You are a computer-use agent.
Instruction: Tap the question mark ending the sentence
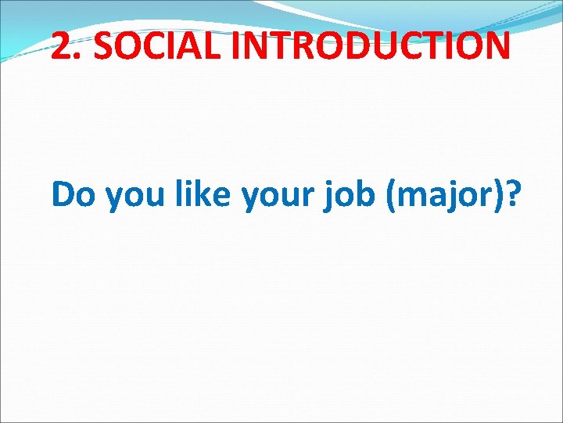513,194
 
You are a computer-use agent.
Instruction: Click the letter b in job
365,194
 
